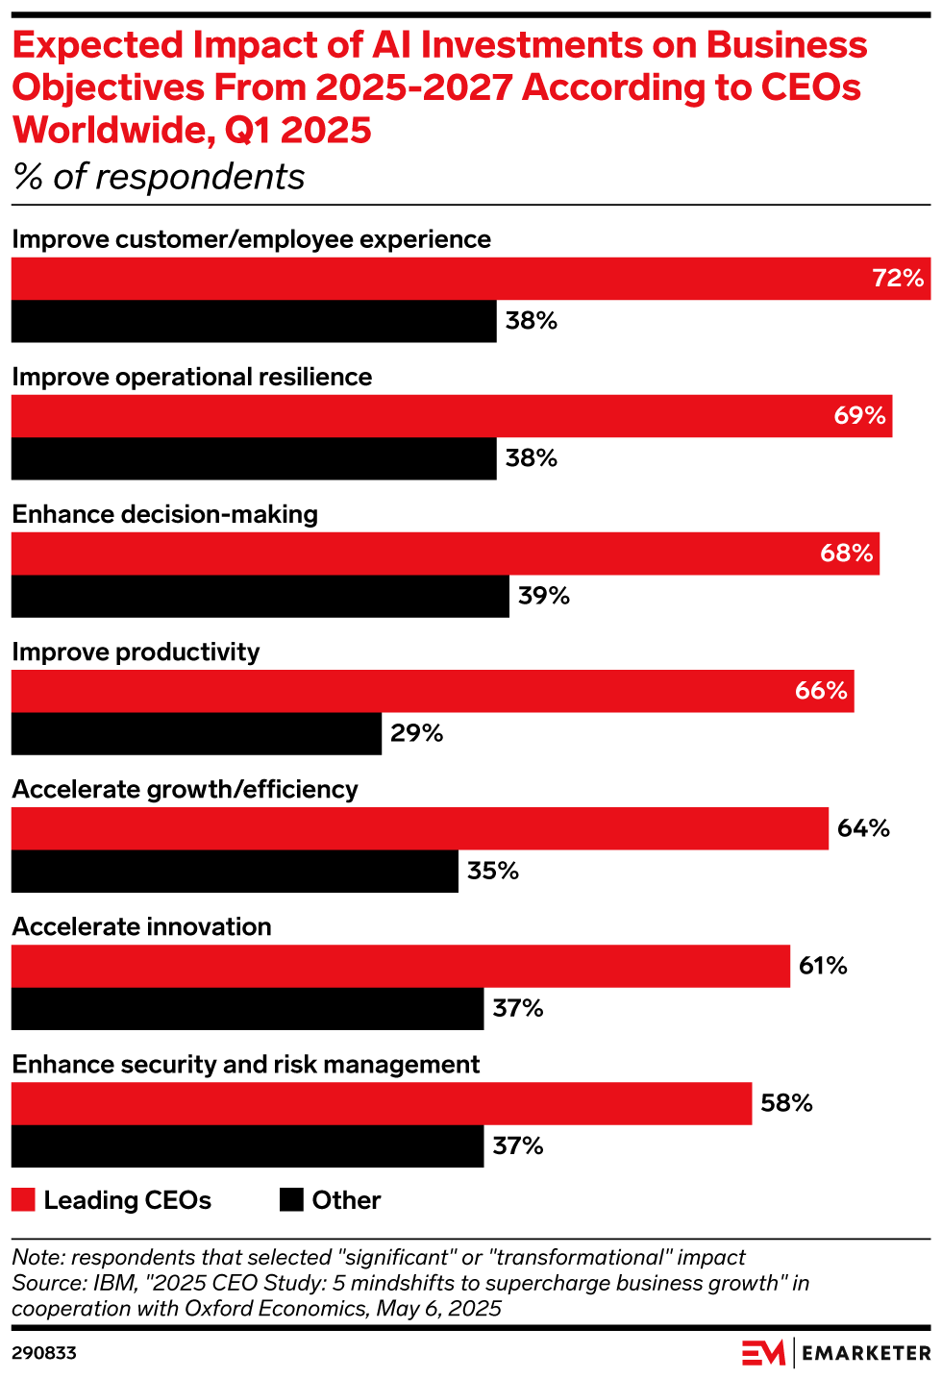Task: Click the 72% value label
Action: coord(898,279)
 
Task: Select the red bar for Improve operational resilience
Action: coord(452,416)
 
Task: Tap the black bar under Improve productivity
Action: coord(196,733)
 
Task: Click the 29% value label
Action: coord(416,734)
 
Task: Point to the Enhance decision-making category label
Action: coord(164,514)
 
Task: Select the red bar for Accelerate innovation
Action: coord(400,966)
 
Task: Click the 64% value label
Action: coord(862,828)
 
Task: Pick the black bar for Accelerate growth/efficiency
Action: coord(235,871)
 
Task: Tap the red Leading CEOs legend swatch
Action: coord(23,1199)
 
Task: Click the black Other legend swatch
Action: coord(291,1199)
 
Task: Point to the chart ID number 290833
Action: coord(44,1353)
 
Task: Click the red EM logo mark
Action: coord(763,1352)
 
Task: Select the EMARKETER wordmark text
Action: coord(866,1353)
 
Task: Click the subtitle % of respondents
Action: coord(159,177)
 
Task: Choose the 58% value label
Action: coord(786,1103)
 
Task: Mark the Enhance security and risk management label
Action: coord(245,1065)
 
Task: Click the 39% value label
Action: coord(544,596)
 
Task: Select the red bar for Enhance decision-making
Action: coord(445,554)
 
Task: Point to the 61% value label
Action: coord(823,966)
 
